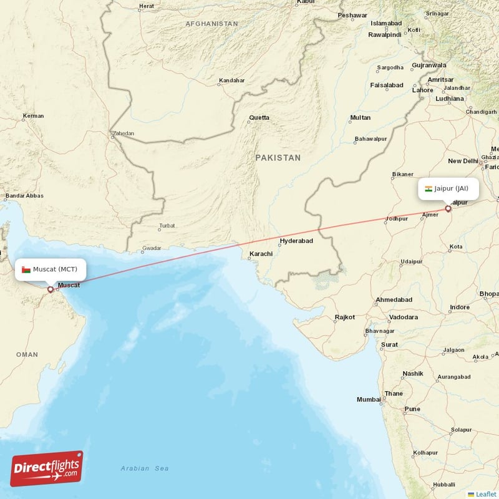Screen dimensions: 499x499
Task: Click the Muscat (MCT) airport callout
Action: tap(51, 269)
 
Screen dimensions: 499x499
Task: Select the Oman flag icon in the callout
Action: tap(26, 269)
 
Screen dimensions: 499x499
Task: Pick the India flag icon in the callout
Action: tap(429, 189)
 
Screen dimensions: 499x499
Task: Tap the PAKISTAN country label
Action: tap(278, 158)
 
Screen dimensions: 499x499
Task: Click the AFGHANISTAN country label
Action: tap(211, 24)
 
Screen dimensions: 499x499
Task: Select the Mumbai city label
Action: tap(369, 399)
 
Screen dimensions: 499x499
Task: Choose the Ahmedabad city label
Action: tap(394, 300)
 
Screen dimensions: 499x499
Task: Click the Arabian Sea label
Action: tap(145, 468)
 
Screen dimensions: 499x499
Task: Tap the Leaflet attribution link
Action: tap(485, 494)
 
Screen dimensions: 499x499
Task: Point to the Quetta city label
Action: tap(259, 117)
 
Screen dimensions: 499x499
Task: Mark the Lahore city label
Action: tap(422, 90)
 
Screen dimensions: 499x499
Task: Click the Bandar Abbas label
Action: tap(24, 196)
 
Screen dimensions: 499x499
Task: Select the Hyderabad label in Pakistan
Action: tap(296, 241)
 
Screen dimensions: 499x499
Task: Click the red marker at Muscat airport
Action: tap(51, 289)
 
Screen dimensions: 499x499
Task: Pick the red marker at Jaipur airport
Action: tap(448, 209)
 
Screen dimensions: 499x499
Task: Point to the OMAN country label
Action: tap(27, 354)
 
